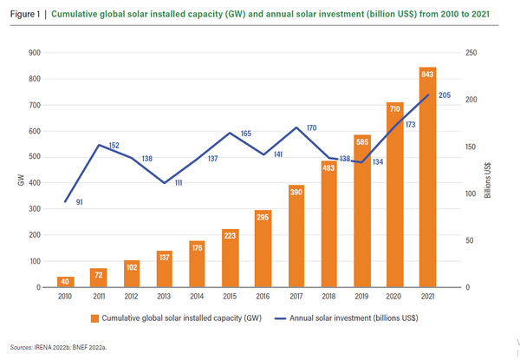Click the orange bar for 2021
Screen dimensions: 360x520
click(427, 177)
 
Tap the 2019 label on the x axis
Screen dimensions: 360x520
click(361, 298)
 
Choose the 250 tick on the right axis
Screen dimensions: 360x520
click(468, 53)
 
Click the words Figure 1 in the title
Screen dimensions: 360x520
click(25, 16)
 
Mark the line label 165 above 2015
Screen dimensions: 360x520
click(245, 134)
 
